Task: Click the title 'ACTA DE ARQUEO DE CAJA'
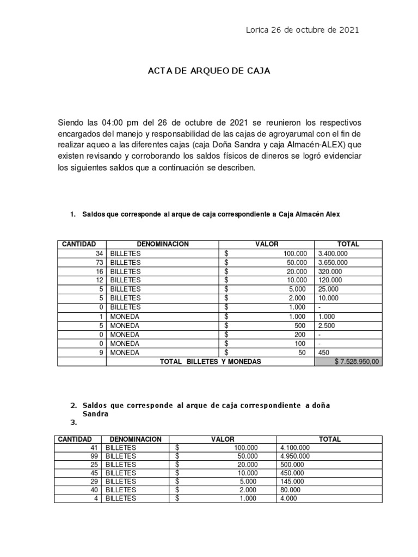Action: (209, 71)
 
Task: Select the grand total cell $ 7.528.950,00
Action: (348, 362)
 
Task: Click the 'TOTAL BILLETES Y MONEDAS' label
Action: (210, 362)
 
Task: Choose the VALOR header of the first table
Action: (267, 244)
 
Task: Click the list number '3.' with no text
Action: (75, 422)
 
